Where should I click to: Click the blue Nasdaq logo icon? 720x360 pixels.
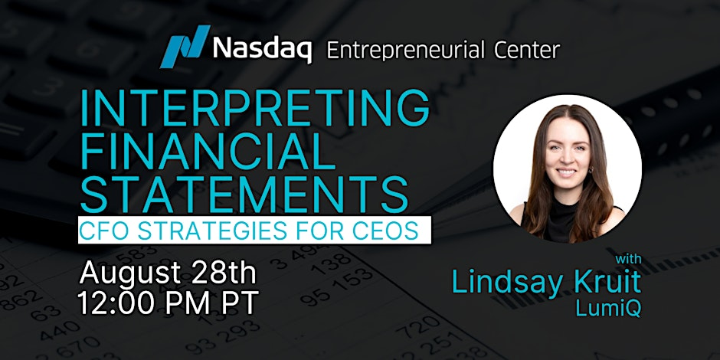(x=185, y=47)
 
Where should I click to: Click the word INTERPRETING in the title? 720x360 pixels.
(x=255, y=110)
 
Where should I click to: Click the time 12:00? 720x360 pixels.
(x=121, y=302)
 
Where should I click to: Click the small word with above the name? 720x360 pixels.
(x=628, y=259)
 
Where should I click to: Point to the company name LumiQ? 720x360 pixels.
(x=608, y=308)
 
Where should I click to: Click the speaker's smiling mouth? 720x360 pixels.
(x=567, y=172)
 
